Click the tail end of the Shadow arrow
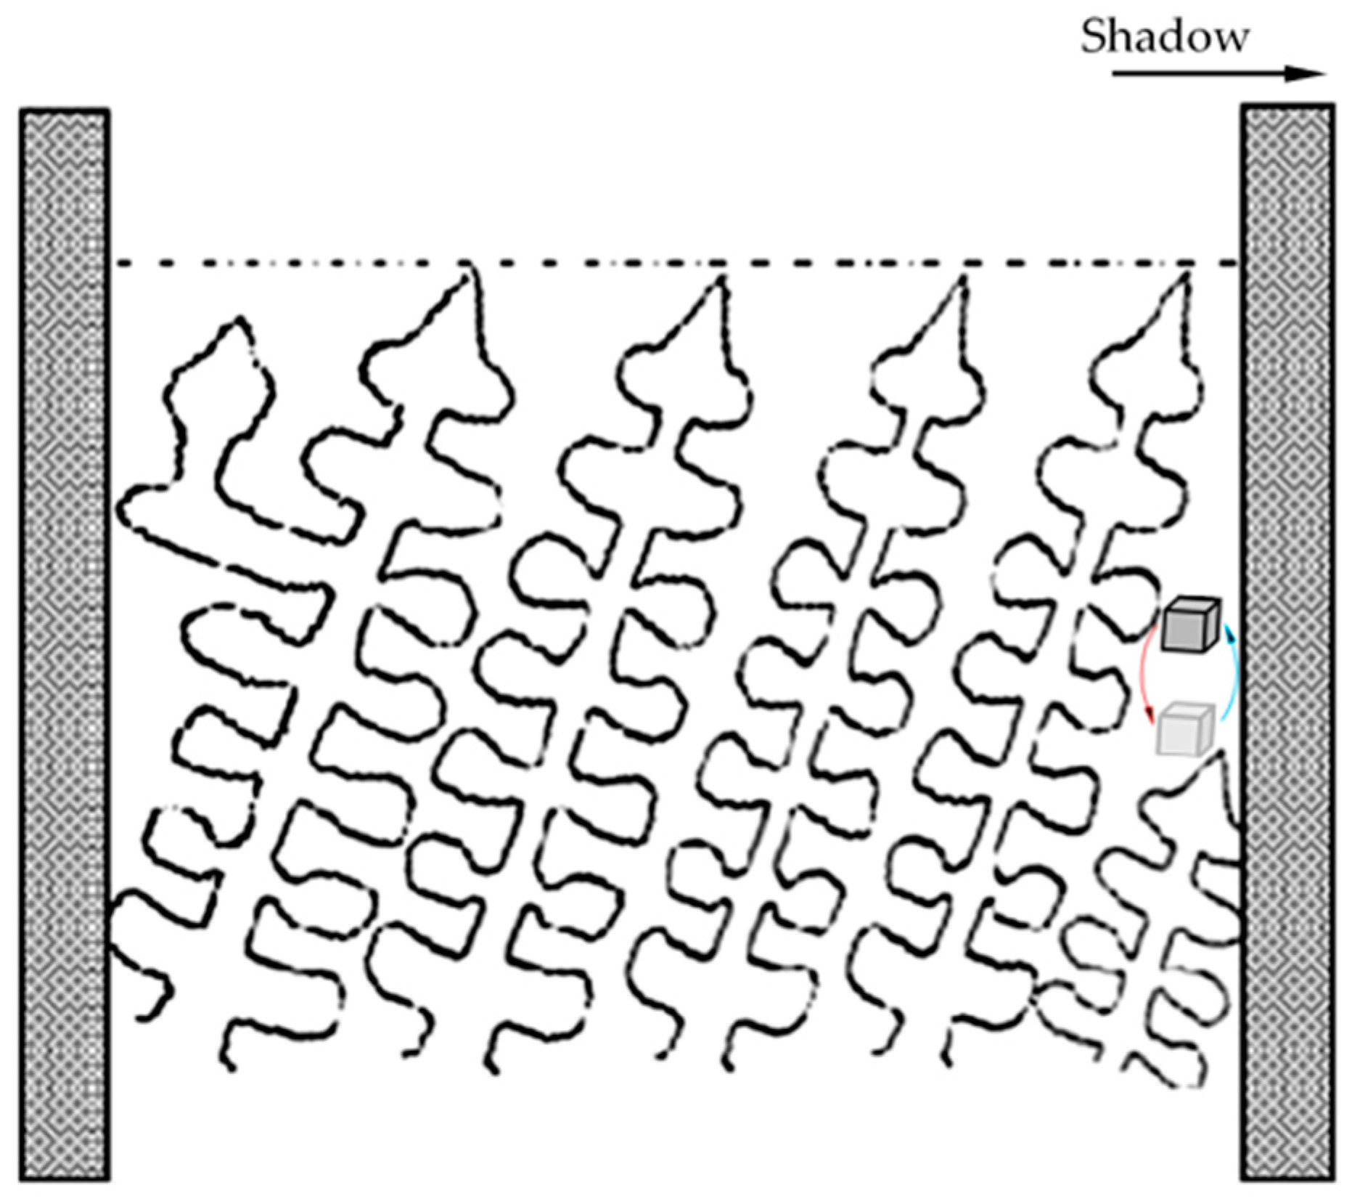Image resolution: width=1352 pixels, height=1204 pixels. [x=1116, y=73]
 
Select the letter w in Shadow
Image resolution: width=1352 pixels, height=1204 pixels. [x=1229, y=41]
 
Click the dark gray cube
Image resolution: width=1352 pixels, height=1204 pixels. [x=1191, y=625]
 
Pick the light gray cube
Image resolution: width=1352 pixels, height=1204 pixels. [x=1185, y=730]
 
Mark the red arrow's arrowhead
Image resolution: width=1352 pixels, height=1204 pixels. [x=1149, y=718]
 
